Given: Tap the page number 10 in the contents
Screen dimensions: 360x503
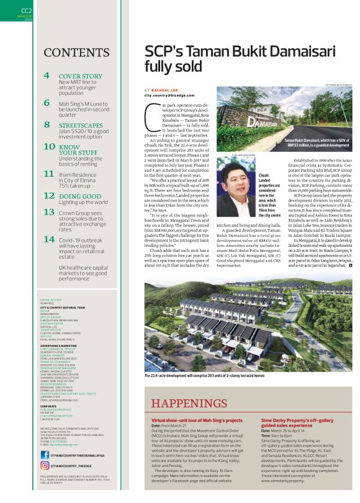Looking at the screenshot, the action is coord(49,146).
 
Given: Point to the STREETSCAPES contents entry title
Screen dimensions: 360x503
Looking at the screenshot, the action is coord(81,124).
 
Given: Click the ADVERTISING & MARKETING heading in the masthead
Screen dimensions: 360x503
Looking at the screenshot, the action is coord(61,329).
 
